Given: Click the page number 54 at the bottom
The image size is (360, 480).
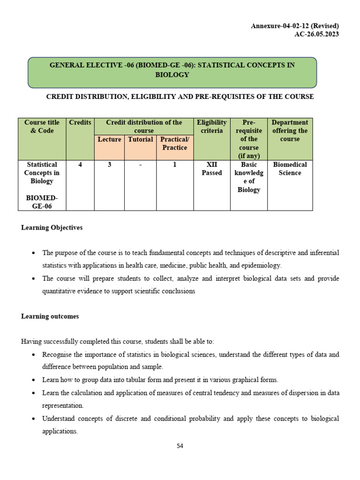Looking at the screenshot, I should [x=180, y=446].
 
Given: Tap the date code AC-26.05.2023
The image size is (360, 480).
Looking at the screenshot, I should [x=317, y=34].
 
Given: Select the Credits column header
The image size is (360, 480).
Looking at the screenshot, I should [x=80, y=123].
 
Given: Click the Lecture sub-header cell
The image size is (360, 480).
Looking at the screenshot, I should [x=109, y=140].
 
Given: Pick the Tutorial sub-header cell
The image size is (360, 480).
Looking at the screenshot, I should [x=141, y=140].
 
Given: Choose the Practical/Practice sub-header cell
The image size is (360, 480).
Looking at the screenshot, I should [x=174, y=143].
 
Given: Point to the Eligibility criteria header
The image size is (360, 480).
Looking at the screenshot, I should [x=212, y=127].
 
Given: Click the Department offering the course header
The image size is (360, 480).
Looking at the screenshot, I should [x=290, y=131].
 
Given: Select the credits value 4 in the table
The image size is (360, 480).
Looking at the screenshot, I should [x=80, y=165].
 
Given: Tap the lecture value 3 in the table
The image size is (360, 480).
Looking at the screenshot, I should [x=109, y=165].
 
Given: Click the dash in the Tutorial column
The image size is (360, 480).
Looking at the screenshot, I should [x=141, y=165].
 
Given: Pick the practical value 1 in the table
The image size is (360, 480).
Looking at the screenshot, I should [x=174, y=165].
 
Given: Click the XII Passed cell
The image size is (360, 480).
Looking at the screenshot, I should [x=212, y=169].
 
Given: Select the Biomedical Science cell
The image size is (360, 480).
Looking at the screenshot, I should [x=290, y=169].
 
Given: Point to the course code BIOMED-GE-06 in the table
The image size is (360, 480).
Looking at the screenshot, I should [x=42, y=202].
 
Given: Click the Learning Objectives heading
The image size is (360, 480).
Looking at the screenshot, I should [x=52, y=227].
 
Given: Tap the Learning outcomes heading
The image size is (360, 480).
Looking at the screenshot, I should [x=50, y=316].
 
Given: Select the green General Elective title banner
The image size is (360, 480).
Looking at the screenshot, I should [x=172, y=72].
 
